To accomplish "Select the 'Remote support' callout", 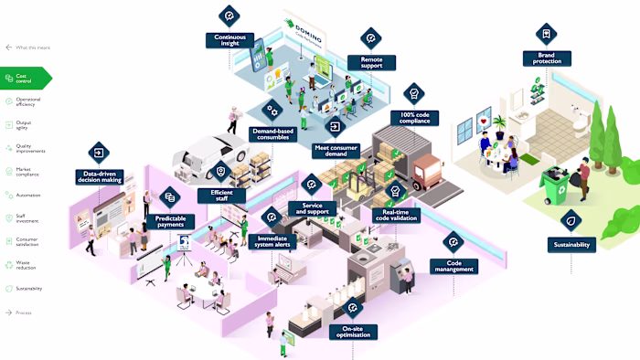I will pyautogui.click(x=370, y=62).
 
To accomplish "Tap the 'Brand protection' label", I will pyautogui.click(x=547, y=58).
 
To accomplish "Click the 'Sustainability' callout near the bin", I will pyautogui.click(x=572, y=245).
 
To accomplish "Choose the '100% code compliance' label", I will pyautogui.click(x=414, y=118).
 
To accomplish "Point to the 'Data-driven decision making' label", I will pyautogui.click(x=99, y=177).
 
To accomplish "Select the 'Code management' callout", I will pyautogui.click(x=453, y=266).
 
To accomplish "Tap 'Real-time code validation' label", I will pyautogui.click(x=396, y=216).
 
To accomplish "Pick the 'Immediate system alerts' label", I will pyautogui.click(x=272, y=242).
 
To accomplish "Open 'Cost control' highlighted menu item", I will pyautogui.click(x=26, y=79).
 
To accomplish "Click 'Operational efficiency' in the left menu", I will pyautogui.click(x=27, y=101).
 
